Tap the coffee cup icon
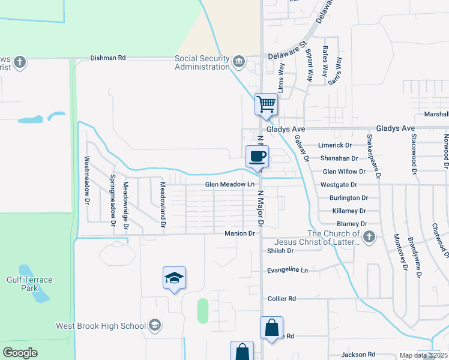pos(257,156)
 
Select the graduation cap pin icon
pos(174,278)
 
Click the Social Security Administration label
pos(202,62)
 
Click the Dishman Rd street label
pos(108,58)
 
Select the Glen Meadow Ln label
pos(230,184)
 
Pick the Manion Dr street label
pos(240,233)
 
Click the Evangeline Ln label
pos(287,270)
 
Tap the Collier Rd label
pos(282,298)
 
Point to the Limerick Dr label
pos(334,145)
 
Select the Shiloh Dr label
pos(280,251)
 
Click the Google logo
pos(20,353)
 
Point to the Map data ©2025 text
pos(423,355)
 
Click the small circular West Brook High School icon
pos(155,325)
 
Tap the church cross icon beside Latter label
pos(369,237)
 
